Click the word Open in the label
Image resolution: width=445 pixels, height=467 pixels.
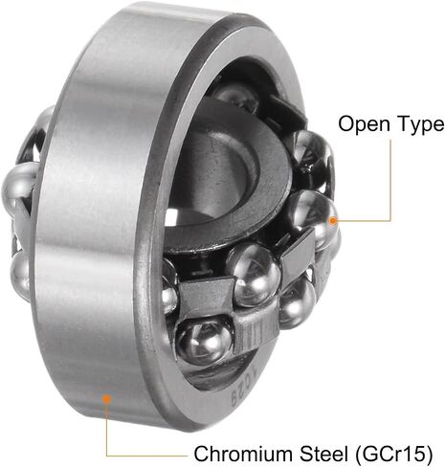pos(364,124)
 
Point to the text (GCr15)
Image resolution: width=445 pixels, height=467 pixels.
pos(393,454)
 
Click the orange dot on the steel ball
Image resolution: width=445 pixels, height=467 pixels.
pos(333,221)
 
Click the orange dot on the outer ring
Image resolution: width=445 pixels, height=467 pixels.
pos(106,398)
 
